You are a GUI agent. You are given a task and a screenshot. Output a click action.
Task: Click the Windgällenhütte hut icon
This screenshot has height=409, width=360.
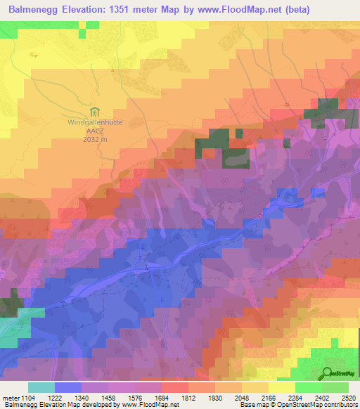(x=95, y=112)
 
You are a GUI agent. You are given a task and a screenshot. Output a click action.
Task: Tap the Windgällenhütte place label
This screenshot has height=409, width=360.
(x=96, y=122)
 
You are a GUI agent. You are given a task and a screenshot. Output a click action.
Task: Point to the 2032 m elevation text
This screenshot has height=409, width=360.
(x=96, y=139)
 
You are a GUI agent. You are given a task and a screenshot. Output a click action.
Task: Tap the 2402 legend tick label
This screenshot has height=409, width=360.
(x=321, y=398)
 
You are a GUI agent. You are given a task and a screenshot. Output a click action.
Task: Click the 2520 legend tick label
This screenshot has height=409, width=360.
(x=348, y=398)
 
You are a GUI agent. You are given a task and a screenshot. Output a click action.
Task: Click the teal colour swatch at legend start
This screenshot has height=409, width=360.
(x=41, y=387)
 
